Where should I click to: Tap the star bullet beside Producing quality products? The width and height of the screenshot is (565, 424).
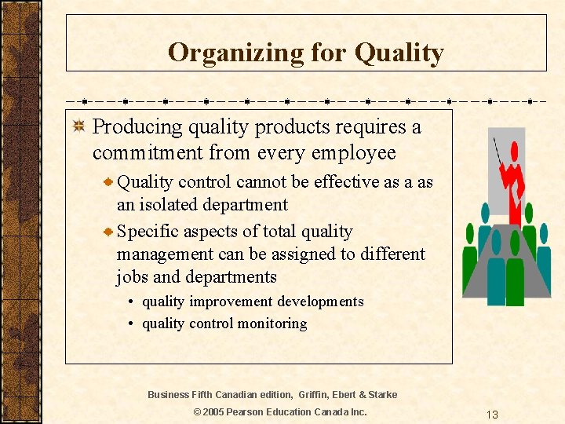tap(78, 127)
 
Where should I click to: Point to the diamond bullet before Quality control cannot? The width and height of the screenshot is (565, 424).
tap(108, 182)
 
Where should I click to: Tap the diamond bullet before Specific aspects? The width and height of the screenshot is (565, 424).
tap(108, 232)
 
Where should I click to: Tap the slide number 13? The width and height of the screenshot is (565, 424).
tap(492, 415)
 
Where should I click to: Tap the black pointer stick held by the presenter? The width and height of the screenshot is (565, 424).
tap(498, 153)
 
